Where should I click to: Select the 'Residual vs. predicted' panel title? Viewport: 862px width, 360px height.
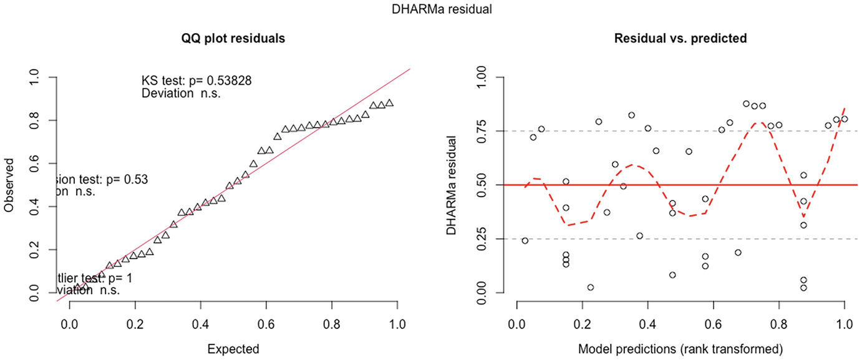680,38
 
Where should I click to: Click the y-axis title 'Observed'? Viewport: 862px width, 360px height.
9,185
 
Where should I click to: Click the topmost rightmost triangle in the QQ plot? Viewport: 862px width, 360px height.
389,103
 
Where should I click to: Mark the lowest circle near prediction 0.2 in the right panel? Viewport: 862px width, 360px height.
590,287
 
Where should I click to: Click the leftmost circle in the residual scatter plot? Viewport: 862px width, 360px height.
525,241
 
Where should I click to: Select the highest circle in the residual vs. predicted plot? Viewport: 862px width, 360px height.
747,104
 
